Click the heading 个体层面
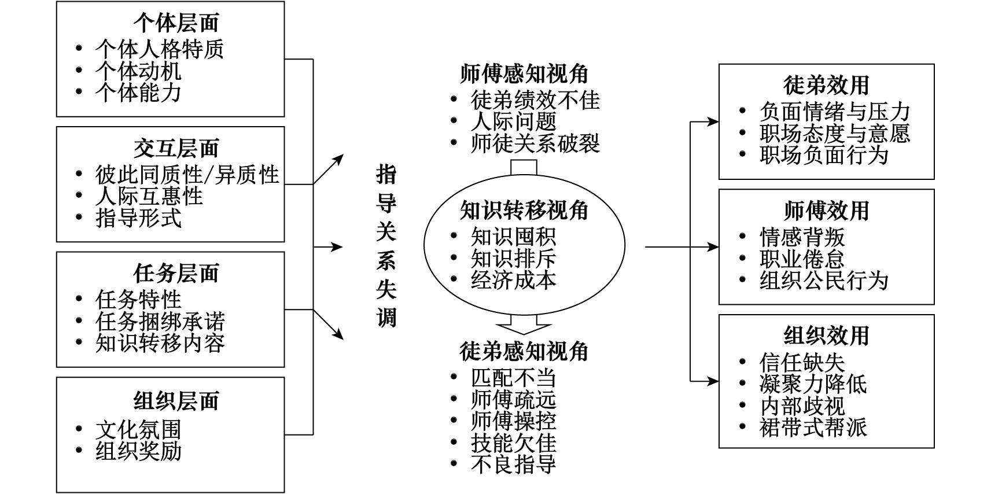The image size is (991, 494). (x=176, y=23)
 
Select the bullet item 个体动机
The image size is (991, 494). (x=138, y=71)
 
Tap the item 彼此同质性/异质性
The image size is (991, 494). (x=187, y=174)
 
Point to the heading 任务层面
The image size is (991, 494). (x=176, y=273)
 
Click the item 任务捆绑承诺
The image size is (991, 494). (x=160, y=322)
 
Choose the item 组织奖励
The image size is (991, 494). (x=138, y=451)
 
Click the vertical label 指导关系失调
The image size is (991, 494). (x=386, y=246)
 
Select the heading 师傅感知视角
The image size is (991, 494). (x=524, y=74)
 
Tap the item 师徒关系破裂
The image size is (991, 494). (x=535, y=143)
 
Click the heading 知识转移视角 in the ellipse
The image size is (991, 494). (x=524, y=211)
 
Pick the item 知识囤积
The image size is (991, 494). (x=513, y=237)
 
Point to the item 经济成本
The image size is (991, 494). (x=513, y=280)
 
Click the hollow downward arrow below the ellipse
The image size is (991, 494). (x=524, y=323)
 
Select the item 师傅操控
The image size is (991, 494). (x=513, y=421)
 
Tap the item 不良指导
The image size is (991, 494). (x=513, y=464)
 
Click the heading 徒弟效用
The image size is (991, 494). (x=826, y=85)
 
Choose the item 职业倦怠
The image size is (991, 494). (x=802, y=259)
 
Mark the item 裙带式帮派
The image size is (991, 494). (x=813, y=427)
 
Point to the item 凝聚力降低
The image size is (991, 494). (x=813, y=384)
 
